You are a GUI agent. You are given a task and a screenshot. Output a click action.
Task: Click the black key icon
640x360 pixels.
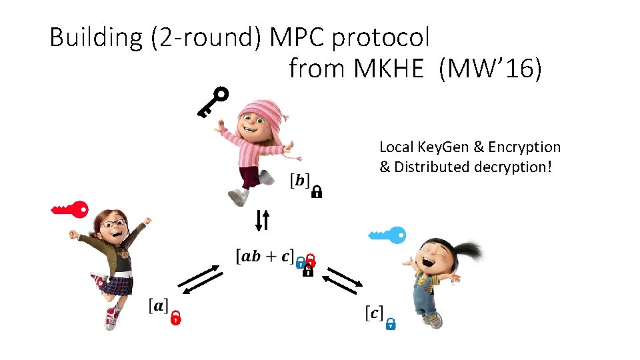click(213, 102)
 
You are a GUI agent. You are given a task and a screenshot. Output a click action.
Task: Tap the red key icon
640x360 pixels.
click(71, 209)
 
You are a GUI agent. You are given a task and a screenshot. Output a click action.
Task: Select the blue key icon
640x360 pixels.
click(387, 235)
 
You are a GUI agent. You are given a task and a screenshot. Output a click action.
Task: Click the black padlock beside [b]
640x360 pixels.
click(317, 192)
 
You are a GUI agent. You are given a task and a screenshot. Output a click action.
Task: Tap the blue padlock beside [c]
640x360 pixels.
click(391, 323)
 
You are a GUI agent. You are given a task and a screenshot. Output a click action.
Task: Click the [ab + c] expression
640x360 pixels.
click(265, 256)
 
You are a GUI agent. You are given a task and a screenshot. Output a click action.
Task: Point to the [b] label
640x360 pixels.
click(299, 180)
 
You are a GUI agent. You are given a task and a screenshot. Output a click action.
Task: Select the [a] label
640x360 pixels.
click(158, 306)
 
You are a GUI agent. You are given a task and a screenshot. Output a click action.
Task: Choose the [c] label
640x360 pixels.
click(374, 312)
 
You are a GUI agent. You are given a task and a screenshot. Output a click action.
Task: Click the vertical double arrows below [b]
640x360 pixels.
click(263, 220)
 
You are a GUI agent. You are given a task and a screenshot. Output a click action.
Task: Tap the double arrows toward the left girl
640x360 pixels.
click(201, 279)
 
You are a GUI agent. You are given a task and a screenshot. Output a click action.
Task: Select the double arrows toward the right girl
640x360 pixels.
click(344, 279)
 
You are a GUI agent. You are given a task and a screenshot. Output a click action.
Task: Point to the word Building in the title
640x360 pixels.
click(96, 37)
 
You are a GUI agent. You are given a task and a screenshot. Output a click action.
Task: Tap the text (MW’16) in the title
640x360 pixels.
click(490, 68)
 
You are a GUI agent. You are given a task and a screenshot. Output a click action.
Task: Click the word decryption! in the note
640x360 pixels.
click(513, 167)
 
